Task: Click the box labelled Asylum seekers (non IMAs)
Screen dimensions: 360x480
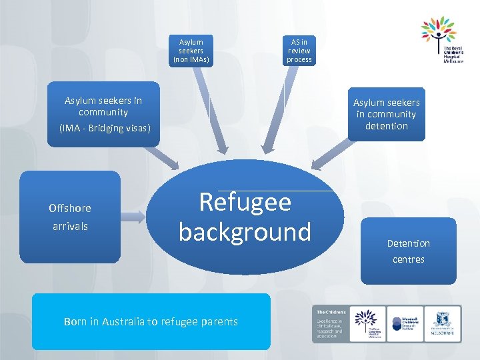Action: pos(191,51)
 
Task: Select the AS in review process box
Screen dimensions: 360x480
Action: pos(299,51)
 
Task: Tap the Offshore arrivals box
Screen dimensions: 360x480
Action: pos(70,217)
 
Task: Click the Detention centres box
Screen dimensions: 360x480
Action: pos(408,251)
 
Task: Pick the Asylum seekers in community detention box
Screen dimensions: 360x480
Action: pos(386,114)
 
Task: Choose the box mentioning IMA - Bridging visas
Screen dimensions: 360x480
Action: pos(105,114)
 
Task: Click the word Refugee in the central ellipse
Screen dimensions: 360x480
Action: pos(245,201)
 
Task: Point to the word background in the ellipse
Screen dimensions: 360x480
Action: pos(245,231)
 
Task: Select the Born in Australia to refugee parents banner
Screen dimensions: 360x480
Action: pos(151,321)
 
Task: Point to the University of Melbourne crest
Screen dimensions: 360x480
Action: pos(443,323)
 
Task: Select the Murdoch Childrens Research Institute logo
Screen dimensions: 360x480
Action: pos(405,323)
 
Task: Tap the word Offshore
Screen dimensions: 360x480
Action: pos(70,208)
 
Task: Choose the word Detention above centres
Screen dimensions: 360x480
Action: pos(408,243)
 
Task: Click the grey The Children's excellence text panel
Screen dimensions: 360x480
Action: pos(329,324)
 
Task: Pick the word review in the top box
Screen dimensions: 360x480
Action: pos(299,51)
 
